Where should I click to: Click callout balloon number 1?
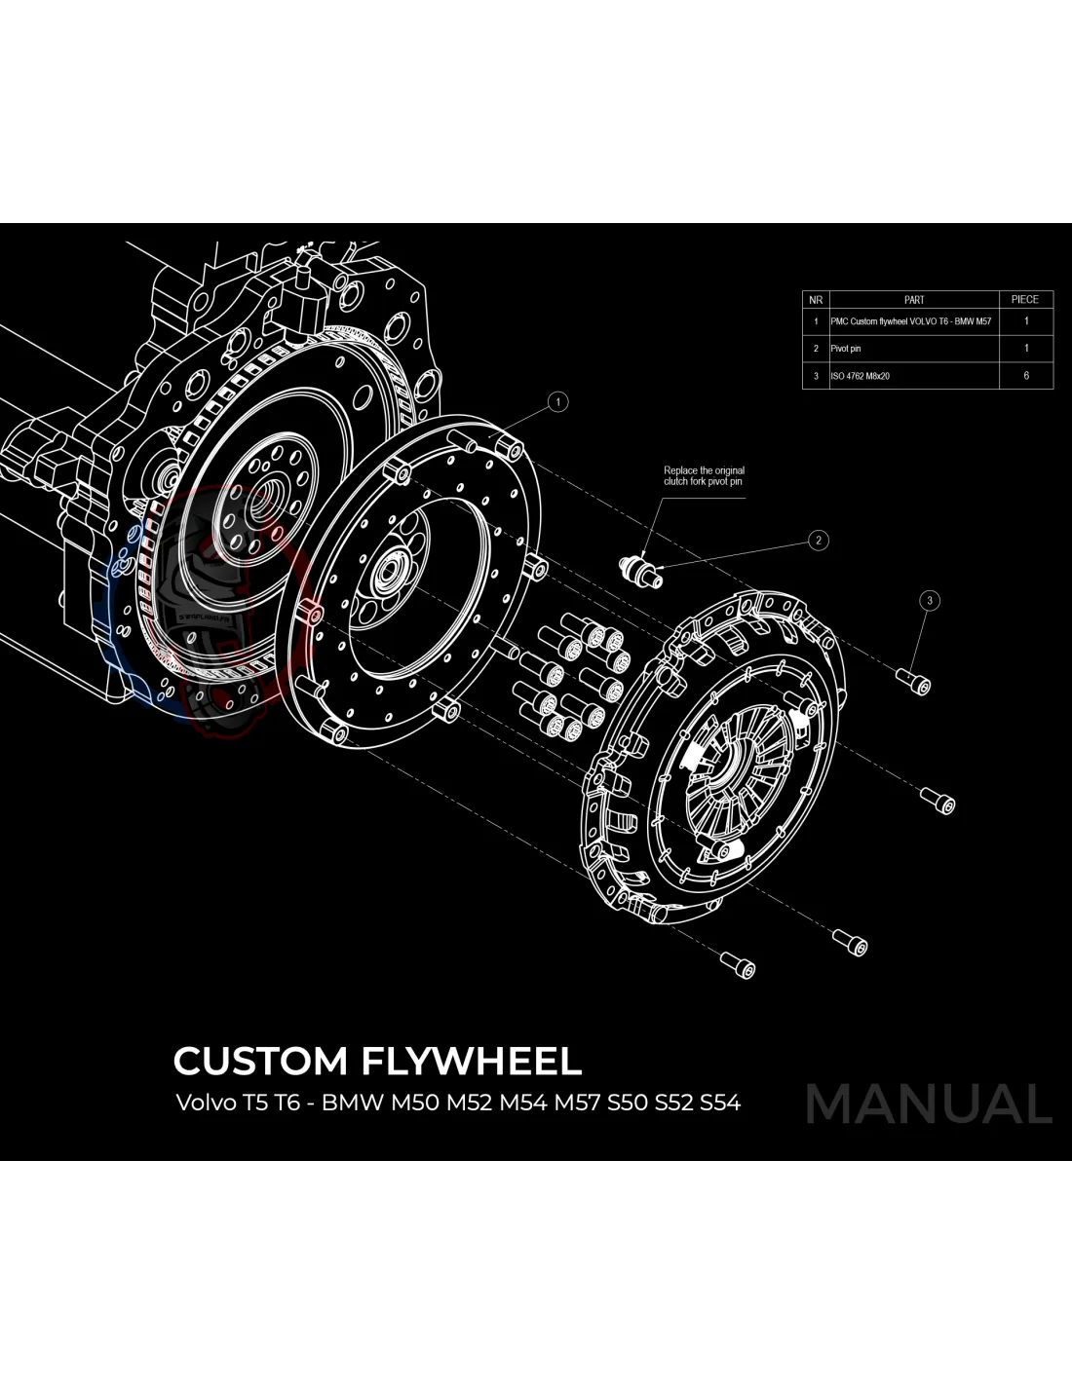pyautogui.click(x=557, y=401)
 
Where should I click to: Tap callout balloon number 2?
pyautogui.click(x=819, y=540)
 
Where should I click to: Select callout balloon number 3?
pyautogui.click(x=930, y=600)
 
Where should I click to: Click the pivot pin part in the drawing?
pyautogui.click(x=641, y=569)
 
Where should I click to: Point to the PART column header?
pyautogui.click(x=913, y=300)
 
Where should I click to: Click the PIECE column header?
pyautogui.click(x=1025, y=300)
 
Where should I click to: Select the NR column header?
pyautogui.click(x=816, y=300)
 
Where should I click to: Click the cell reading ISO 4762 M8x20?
pyautogui.click(x=860, y=376)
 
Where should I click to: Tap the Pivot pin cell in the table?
pyautogui.click(x=846, y=349)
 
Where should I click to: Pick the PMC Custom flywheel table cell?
pyautogui.click(x=911, y=321)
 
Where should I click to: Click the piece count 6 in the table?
pyautogui.click(x=1026, y=376)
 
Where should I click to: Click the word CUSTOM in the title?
pyautogui.click(x=260, y=1061)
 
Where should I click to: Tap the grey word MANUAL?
pyautogui.click(x=929, y=1104)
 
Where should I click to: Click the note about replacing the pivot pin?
pyautogui.click(x=704, y=476)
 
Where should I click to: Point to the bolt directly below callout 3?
pyautogui.click(x=916, y=683)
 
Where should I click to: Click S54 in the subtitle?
pyautogui.click(x=719, y=1104)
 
